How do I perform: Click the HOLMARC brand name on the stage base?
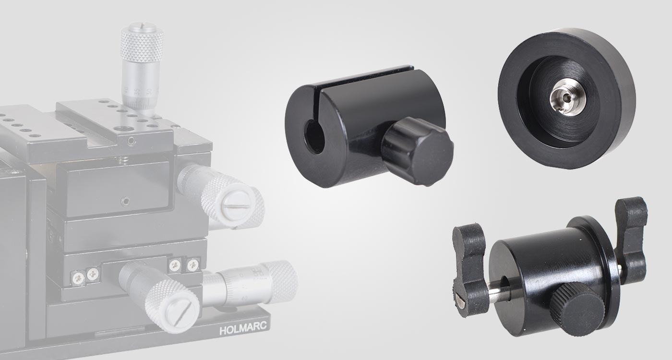pos(244,330)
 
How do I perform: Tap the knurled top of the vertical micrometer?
pos(142,44)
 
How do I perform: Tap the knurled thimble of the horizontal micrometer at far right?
pos(281,281)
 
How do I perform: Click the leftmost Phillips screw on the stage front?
pos(77,276)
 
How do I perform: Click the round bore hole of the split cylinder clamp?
pos(315,138)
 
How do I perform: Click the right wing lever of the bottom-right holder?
pos(633,235)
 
